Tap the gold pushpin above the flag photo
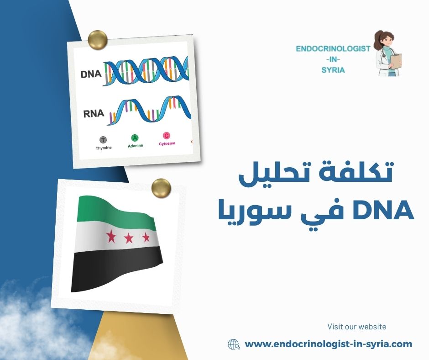click(x=161, y=187)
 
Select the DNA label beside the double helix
click(x=90, y=74)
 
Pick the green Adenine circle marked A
click(x=135, y=138)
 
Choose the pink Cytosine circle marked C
click(x=166, y=136)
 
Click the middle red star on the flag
click(x=129, y=237)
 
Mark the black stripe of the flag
click(x=116, y=270)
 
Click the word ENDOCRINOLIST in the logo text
click(x=333, y=49)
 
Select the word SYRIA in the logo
click(x=333, y=70)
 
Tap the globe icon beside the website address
click(x=234, y=344)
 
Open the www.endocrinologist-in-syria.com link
click(x=329, y=344)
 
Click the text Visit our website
click(x=356, y=327)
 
